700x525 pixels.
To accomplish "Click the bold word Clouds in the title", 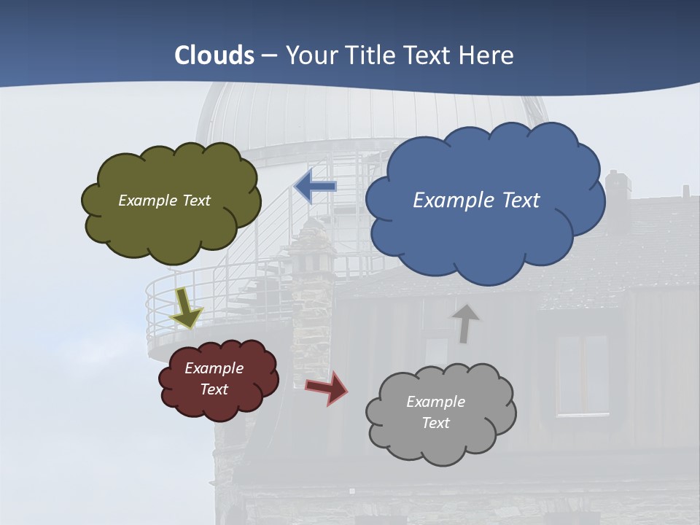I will [214, 55].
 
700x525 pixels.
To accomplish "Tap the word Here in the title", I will [488, 55].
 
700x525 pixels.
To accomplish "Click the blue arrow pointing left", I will [315, 187].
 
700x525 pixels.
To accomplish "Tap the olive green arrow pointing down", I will [187, 307].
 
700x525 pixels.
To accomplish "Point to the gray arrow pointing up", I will [464, 323].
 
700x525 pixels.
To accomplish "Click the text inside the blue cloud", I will [476, 200].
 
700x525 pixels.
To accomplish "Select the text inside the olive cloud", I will [164, 200].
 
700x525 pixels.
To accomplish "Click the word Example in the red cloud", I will [214, 368].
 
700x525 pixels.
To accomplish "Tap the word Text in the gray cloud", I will [435, 423].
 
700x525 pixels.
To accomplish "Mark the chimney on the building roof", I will [617, 193].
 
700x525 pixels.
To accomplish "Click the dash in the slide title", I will [269, 55].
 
